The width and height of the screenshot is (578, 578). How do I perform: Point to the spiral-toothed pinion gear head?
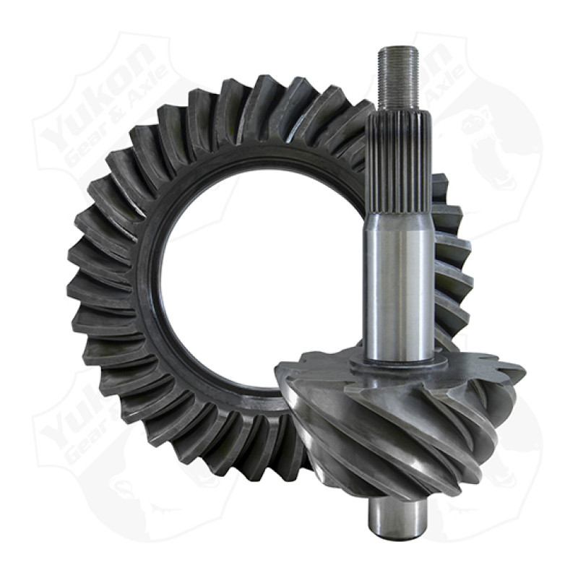pos(390,419)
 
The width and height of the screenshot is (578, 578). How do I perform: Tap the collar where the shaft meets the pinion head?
pos(399,361)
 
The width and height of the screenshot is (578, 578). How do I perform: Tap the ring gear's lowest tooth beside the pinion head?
pos(289,462)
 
